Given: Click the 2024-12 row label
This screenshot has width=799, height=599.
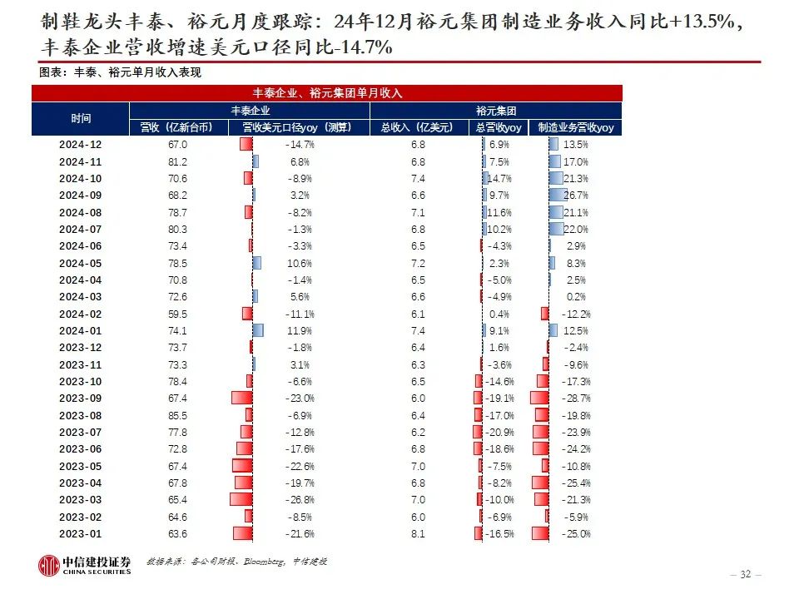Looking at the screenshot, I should [80, 145].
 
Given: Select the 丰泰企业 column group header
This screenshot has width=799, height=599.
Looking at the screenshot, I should [250, 111].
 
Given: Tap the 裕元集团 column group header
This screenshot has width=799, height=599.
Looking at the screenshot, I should [496, 111].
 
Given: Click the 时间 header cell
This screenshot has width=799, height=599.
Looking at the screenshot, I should [80, 119].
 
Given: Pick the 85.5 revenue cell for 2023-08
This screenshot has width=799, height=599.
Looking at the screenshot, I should [177, 415].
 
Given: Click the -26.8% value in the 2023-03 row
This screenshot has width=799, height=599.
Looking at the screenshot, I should [300, 500].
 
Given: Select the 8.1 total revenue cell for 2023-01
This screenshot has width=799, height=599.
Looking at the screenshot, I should [417, 533].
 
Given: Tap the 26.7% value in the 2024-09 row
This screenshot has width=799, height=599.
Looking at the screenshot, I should [576, 196].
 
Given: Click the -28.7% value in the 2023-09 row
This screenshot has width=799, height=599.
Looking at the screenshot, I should [575, 399].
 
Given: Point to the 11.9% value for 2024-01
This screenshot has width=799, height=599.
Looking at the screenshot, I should [300, 330].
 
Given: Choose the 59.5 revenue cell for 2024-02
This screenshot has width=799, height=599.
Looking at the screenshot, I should [177, 314].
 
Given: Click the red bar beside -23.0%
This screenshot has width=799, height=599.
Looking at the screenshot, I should [241, 399].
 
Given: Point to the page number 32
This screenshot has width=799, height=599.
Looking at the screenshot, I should [745, 574].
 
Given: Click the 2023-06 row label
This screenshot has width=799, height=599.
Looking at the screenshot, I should [80, 449].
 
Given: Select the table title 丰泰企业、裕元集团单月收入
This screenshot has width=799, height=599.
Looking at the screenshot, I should [327, 94].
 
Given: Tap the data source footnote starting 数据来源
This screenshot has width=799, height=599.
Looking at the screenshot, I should [236, 562].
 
